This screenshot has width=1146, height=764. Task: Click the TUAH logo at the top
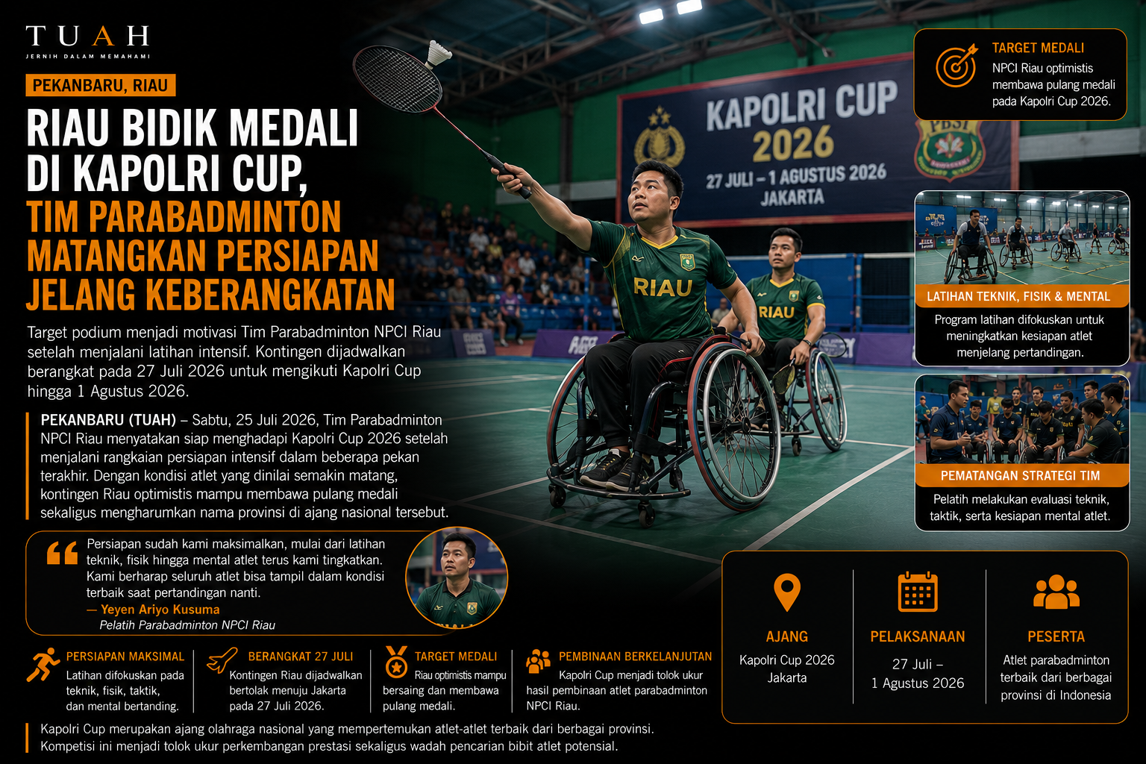click(x=87, y=41)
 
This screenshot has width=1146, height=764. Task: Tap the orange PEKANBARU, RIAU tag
click(x=100, y=85)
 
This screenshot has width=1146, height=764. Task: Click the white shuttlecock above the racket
click(x=438, y=53)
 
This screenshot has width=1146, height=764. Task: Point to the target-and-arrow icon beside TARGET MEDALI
click(x=956, y=66)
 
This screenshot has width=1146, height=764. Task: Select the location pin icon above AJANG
click(x=787, y=592)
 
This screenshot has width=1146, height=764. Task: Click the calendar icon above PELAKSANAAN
click(x=918, y=592)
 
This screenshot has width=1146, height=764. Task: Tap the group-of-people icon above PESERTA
click(x=1056, y=592)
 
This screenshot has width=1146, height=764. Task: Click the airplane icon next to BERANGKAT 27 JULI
click(x=222, y=660)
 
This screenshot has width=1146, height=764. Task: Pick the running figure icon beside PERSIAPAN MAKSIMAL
click(x=43, y=664)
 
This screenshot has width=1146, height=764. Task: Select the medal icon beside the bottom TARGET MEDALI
click(x=396, y=662)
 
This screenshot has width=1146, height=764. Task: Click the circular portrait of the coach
click(x=457, y=578)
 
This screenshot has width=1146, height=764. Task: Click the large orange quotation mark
click(x=62, y=553)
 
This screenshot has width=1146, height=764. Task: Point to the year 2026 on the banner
click(x=793, y=143)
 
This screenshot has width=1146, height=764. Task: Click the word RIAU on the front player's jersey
click(x=663, y=287)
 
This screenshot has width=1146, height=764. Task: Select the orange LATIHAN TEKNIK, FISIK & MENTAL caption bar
click(x=1021, y=296)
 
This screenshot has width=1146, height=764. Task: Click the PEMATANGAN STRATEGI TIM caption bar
click(x=1021, y=475)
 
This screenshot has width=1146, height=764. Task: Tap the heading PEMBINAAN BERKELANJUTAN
click(x=635, y=657)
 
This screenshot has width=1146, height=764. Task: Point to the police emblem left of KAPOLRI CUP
click(x=660, y=137)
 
